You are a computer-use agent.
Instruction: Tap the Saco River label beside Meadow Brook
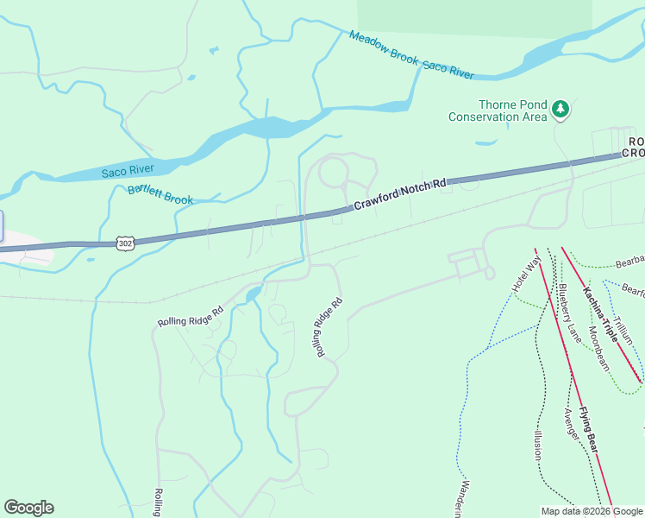(448, 69)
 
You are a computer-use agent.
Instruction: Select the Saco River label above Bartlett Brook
(127, 172)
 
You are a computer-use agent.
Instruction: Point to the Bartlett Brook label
(160, 194)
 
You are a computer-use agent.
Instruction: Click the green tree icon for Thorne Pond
(561, 109)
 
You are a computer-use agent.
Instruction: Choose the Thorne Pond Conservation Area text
(498, 109)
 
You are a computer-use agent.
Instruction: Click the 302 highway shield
(126, 244)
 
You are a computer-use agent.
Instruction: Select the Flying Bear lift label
(588, 429)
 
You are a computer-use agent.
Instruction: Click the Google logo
(28, 508)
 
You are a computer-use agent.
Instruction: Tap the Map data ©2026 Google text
(592, 511)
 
